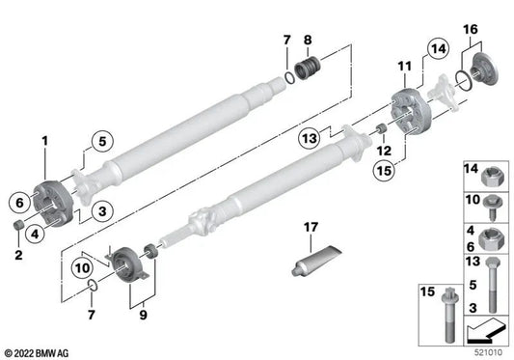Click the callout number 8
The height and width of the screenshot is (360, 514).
308,40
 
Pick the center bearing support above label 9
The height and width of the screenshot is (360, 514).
126,263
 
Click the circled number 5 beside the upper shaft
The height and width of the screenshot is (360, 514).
99,147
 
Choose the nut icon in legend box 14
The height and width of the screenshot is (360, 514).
488,176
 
